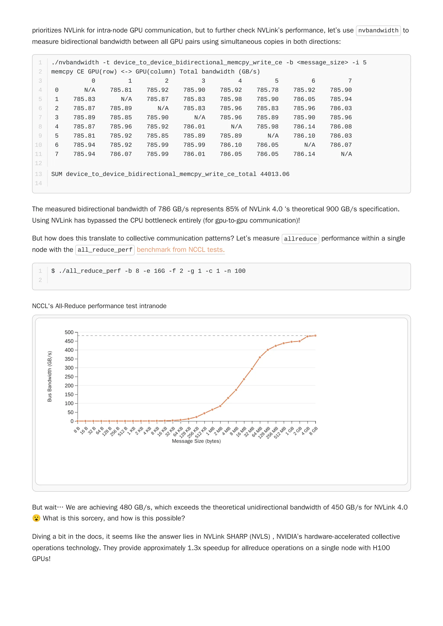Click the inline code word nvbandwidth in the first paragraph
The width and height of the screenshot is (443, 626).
pyautogui.click(x=378, y=30)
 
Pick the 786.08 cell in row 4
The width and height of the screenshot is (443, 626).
pyautogui.click(x=341, y=126)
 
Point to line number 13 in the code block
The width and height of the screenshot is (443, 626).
pyautogui.click(x=39, y=174)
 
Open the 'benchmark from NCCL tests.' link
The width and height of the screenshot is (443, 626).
pyautogui.click(x=180, y=250)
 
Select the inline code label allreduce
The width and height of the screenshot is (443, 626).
pyautogui.click(x=300, y=239)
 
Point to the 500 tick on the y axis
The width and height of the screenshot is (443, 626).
pyautogui.click(x=69, y=332)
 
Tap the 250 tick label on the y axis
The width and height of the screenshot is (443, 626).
pyautogui.click(x=69, y=377)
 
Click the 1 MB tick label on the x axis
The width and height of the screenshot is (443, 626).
pyautogui.click(x=210, y=431)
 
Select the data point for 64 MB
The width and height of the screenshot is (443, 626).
pyautogui.click(x=260, y=357)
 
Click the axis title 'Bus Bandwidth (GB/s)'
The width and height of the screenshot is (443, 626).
pyautogui.click(x=49, y=376)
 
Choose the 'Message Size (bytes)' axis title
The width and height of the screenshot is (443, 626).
pyautogui.click(x=196, y=441)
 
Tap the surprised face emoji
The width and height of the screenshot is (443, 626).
pyautogui.click(x=36, y=518)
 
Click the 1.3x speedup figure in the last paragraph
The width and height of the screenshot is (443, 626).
pyautogui.click(x=194, y=548)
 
